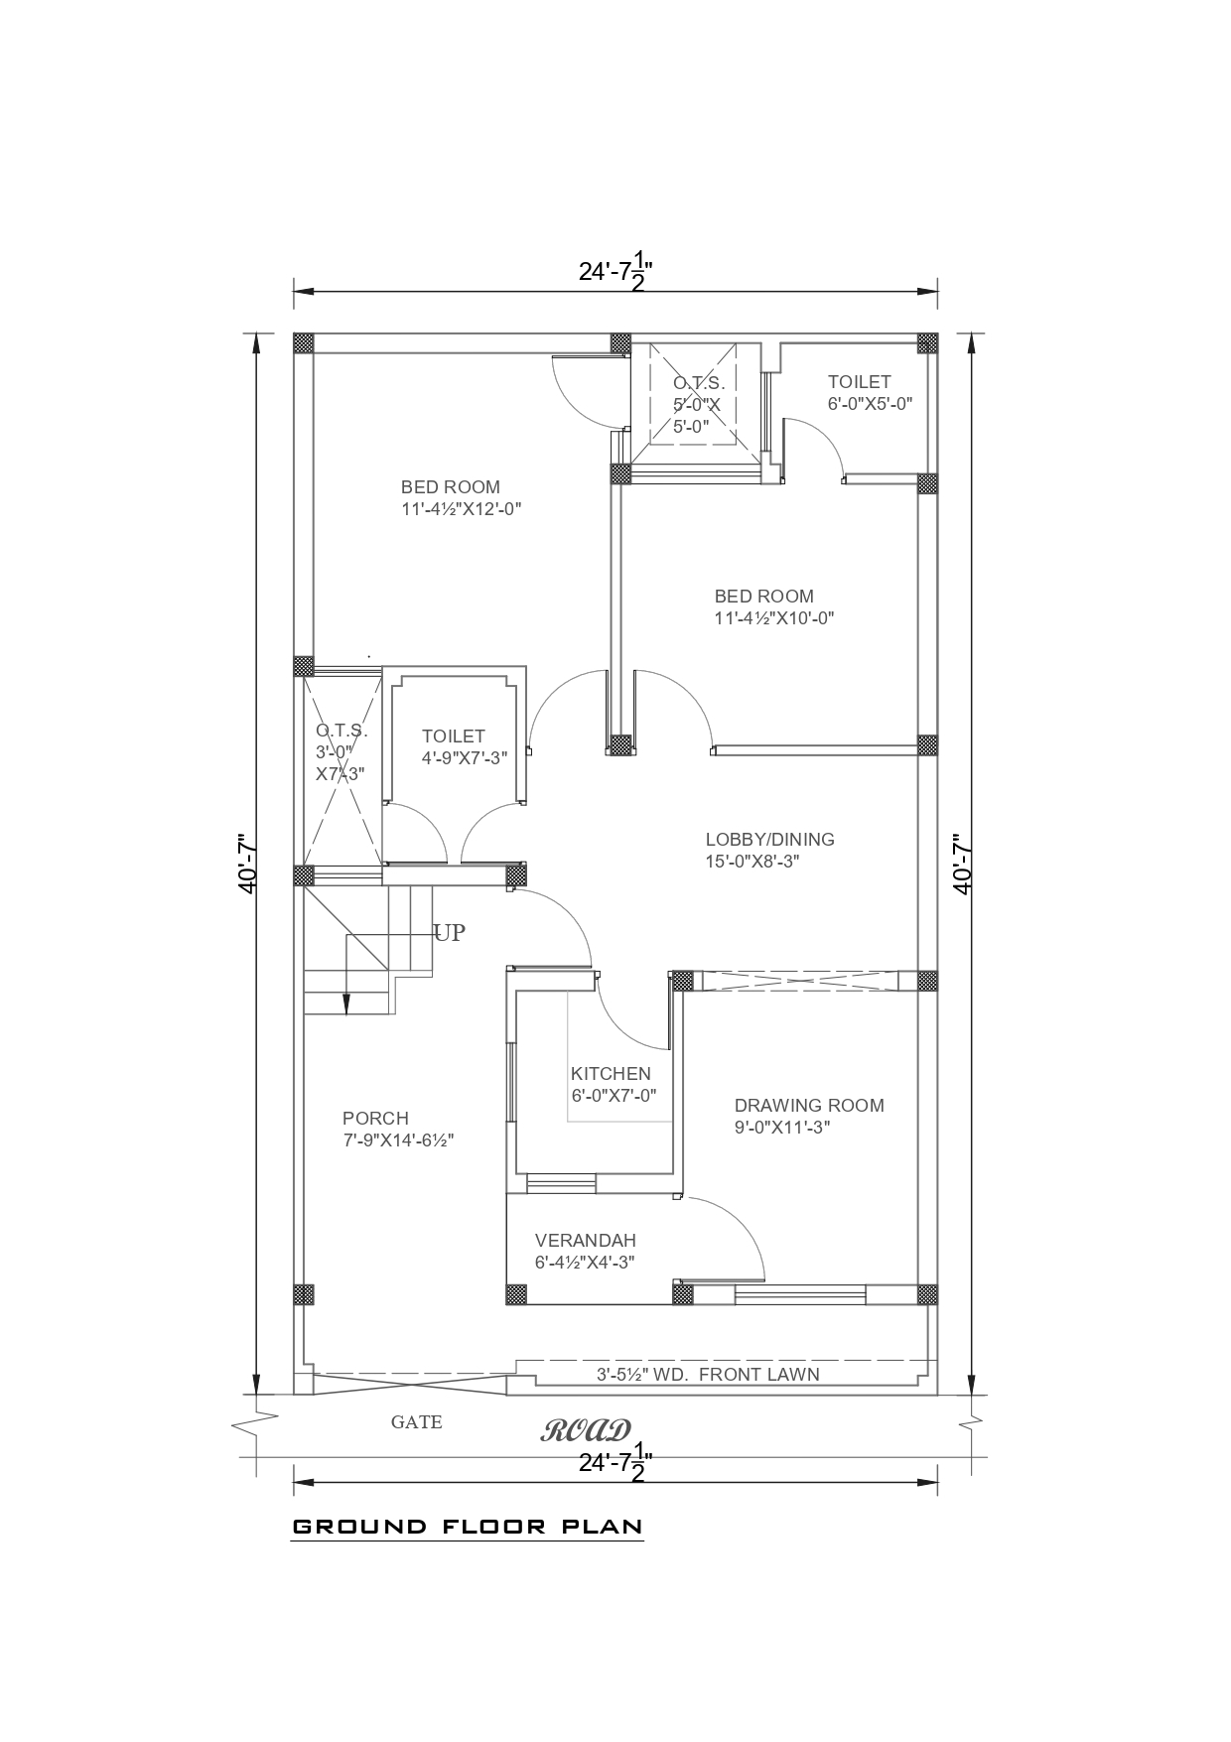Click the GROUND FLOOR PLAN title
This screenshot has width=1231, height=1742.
pyautogui.click(x=468, y=1527)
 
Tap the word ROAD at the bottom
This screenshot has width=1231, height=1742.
pyautogui.click(x=586, y=1431)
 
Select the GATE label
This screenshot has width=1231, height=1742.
pyautogui.click(x=416, y=1422)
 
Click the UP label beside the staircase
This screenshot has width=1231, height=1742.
pyautogui.click(x=449, y=933)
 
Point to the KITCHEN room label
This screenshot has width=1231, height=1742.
pyautogui.click(x=611, y=1074)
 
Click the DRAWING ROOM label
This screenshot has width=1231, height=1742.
pyautogui.click(x=808, y=1106)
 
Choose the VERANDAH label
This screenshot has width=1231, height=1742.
pyautogui.click(x=585, y=1241)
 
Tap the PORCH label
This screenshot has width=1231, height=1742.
pyautogui.click(x=375, y=1119)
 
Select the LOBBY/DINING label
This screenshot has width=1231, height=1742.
pyautogui.click(x=769, y=840)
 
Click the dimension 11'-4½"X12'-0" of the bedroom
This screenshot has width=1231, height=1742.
pyautogui.click(x=461, y=509)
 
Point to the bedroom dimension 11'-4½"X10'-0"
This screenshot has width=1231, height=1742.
pyautogui.click(x=773, y=618)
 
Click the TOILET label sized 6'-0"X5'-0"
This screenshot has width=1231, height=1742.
pyautogui.click(x=859, y=382)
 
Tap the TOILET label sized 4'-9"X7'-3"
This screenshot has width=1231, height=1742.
pyautogui.click(x=453, y=737)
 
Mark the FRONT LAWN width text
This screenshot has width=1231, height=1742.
pyautogui.click(x=707, y=1375)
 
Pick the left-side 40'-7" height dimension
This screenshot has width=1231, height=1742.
pyautogui.click(x=248, y=864)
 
